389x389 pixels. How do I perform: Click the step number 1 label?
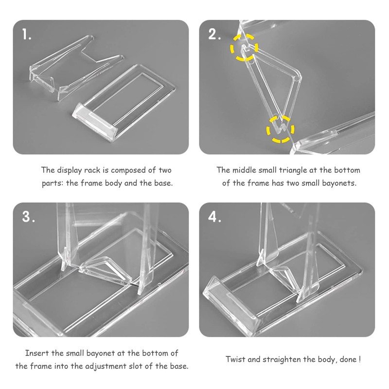(27, 34)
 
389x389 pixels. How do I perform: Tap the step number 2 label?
(214, 34)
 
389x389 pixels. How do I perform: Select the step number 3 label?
(29, 216)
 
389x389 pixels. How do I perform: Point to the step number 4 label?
(214, 216)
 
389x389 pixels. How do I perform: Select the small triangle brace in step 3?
(106, 269)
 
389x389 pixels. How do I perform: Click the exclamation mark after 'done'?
(359, 359)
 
